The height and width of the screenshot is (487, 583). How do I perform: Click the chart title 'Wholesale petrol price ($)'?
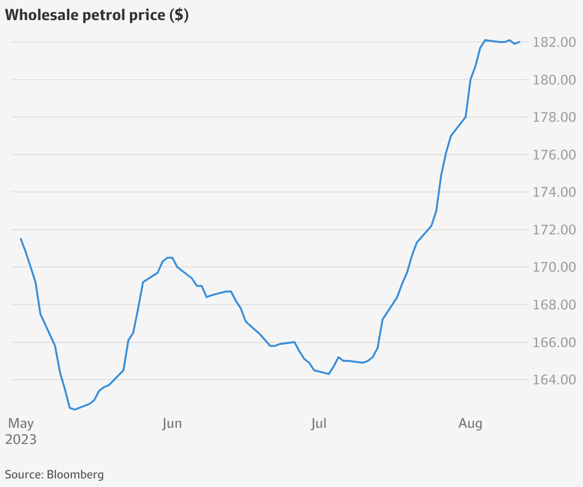[x=97, y=15]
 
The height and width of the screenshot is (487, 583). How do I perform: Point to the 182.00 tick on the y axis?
[x=554, y=42]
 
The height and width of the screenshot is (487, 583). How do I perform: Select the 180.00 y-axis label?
[x=554, y=80]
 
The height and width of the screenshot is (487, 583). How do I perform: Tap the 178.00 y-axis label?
[x=554, y=117]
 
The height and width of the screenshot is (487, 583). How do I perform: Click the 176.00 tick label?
[x=554, y=155]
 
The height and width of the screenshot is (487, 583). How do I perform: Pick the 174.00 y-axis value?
[x=554, y=192]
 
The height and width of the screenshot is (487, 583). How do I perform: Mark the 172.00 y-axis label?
[x=554, y=230]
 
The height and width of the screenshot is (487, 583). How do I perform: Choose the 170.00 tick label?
[x=554, y=267]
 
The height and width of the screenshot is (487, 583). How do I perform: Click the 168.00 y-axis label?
[x=554, y=305]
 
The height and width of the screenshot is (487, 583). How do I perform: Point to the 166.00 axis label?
[x=554, y=343]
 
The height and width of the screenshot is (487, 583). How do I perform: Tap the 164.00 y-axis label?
[x=554, y=380]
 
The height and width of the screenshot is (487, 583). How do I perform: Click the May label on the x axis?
[x=21, y=423]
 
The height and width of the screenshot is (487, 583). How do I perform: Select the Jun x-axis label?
[x=172, y=423]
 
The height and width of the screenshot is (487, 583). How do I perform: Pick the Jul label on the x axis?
[x=318, y=423]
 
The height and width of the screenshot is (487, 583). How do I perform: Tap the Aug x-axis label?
[x=470, y=423]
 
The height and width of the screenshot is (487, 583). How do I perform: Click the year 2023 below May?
[x=21, y=439]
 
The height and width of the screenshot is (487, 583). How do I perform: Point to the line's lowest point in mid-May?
[x=75, y=409]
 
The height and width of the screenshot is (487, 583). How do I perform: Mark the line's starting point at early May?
[x=21, y=239]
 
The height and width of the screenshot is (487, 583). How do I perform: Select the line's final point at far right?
[x=519, y=42]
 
